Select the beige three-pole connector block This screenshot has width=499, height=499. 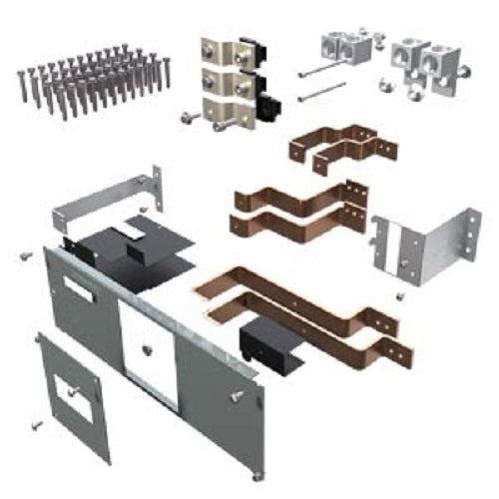coord(224,80)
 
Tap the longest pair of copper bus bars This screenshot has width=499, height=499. coord(309,304)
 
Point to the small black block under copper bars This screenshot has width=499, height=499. coord(263,345)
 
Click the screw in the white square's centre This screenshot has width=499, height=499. coord(147,349)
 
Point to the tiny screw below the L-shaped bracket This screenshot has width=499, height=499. coord(399,296)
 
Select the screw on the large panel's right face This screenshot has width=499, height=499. coord(238,396)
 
